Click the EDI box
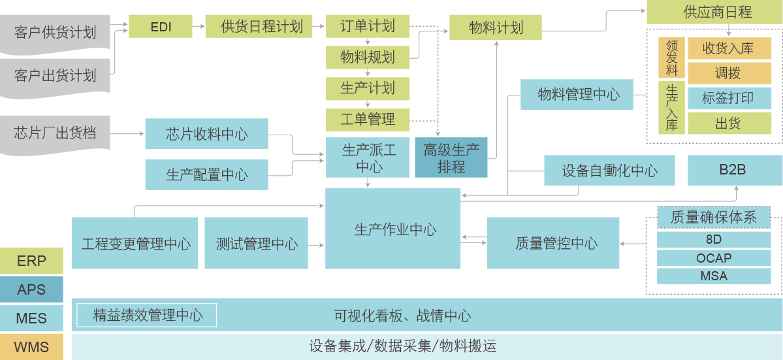(x=160, y=27)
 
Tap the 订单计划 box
(x=368, y=27)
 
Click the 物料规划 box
(x=368, y=57)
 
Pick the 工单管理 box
(x=368, y=120)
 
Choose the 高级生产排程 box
(x=451, y=158)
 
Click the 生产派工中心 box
(x=369, y=158)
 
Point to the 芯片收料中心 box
(x=206, y=135)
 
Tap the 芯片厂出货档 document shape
(x=55, y=135)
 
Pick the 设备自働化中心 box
(x=610, y=171)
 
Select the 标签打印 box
(x=728, y=98)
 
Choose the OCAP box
(x=713, y=258)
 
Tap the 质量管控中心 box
(x=553, y=244)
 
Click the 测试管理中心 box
(x=256, y=244)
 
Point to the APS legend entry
(x=31, y=289)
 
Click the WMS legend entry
(x=31, y=346)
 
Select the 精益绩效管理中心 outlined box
(x=147, y=316)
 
